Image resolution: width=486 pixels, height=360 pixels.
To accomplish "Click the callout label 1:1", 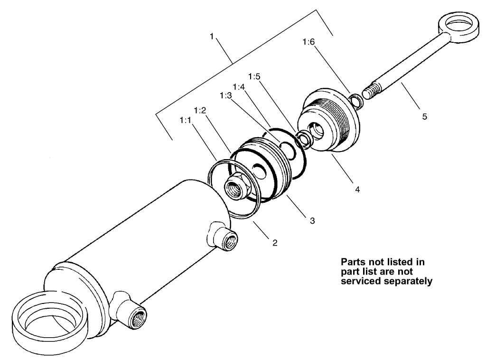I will point(185,121).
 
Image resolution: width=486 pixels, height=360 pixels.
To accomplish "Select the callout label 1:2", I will point(200,110).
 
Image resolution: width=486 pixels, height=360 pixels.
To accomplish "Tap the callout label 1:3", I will point(226,95).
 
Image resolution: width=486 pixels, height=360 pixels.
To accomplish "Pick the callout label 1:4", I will point(238,86).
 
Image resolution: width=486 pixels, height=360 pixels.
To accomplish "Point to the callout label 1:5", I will point(254,76).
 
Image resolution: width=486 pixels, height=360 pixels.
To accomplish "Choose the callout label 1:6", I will point(308,42).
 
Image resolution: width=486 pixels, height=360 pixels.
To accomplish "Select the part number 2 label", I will point(274,243).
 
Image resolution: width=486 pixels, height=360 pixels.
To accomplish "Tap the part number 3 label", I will point(312,220).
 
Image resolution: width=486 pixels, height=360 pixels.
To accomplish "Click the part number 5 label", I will point(424,116).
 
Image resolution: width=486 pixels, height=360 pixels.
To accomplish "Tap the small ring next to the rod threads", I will point(355,100).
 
